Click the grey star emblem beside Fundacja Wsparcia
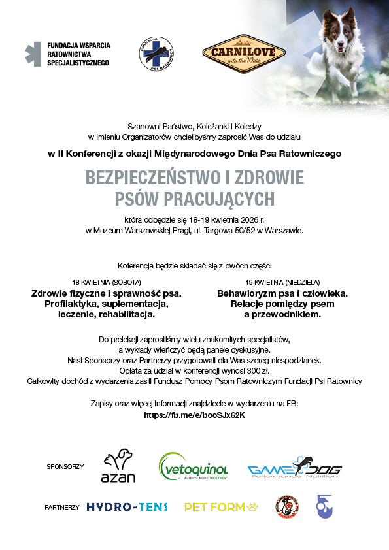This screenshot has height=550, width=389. click(33, 54)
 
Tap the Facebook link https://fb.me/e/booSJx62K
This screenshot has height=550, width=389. click(194, 415)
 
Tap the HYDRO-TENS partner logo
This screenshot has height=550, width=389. click(127, 507)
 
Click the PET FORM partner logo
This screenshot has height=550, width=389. click(222, 507)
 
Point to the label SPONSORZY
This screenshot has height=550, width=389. click(65, 467)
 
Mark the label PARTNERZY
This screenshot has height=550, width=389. click(62, 508)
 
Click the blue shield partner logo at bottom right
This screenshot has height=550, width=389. click(323, 506)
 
